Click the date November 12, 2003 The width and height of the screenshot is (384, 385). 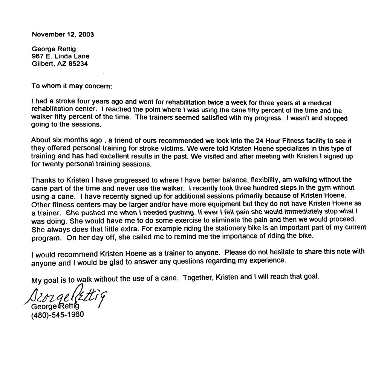[63, 34]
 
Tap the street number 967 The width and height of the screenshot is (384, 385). [37, 56]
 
